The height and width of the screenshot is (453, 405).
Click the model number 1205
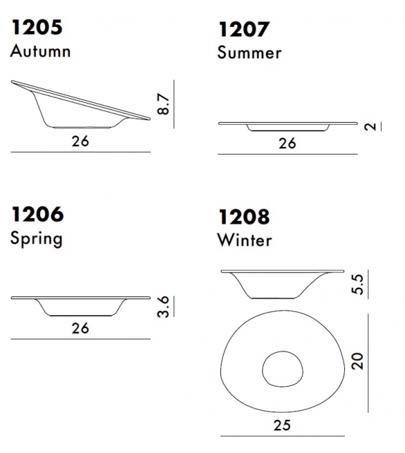[37, 28]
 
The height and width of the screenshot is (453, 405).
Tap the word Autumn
[40, 51]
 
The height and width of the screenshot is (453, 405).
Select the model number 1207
[244, 29]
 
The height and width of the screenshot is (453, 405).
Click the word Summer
[249, 53]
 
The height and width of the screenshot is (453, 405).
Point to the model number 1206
[37, 215]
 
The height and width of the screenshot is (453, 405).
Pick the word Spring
[37, 239]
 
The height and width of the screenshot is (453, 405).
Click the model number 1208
[244, 217]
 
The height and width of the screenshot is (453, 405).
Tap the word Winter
[245, 240]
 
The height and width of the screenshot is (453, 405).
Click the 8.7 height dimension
[164, 104]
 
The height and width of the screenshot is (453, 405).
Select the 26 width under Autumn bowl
[80, 141]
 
